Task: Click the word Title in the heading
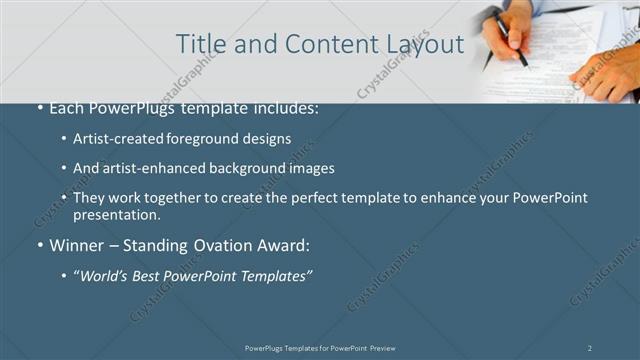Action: point(198,44)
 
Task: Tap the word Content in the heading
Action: point(325,44)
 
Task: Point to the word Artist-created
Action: point(115,139)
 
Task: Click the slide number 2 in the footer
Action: point(590,348)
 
